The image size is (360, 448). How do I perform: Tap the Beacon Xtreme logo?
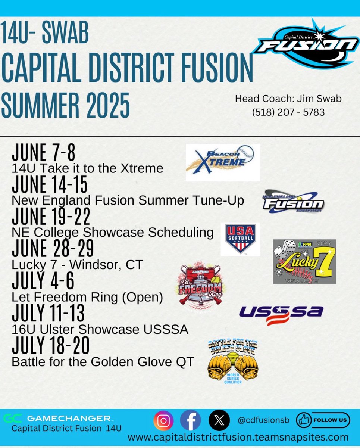[223, 163]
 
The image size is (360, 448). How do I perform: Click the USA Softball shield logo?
[240, 239]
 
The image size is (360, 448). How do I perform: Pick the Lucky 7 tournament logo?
[304, 261]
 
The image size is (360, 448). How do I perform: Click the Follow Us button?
[323, 420]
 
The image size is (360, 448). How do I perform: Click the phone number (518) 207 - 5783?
[288, 112]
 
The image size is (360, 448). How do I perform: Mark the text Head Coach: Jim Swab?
[288, 99]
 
